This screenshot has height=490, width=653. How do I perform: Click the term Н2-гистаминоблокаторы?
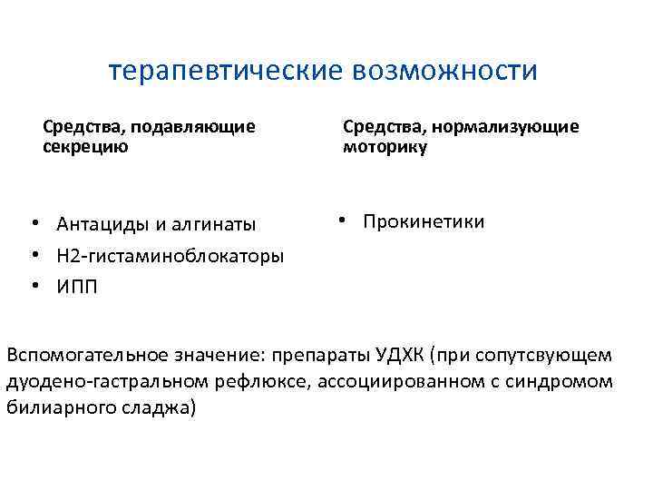170,255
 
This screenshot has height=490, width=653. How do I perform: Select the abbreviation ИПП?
77,287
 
